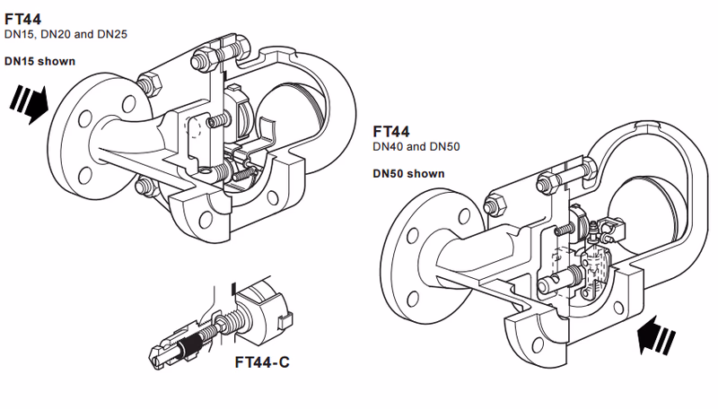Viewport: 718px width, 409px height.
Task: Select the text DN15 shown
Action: [39, 62]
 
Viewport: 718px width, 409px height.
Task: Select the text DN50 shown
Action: [408, 173]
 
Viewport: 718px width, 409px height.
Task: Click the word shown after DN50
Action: [426, 173]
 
